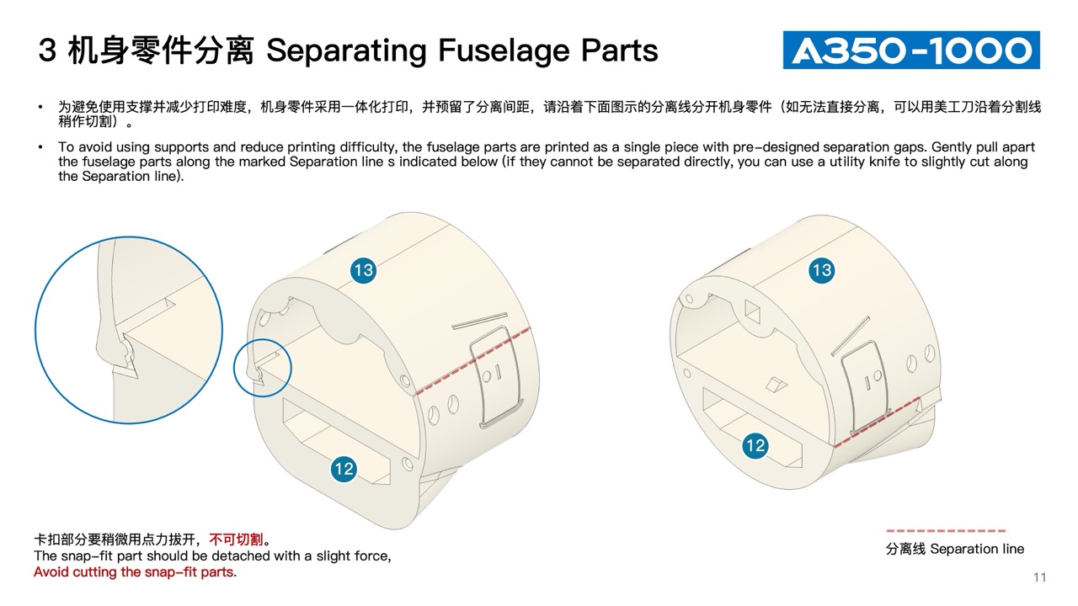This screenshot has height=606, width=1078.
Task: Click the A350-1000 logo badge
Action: tap(911, 50)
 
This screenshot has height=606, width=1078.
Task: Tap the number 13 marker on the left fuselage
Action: tap(363, 270)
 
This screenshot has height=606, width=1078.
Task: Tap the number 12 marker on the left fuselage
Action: tap(344, 469)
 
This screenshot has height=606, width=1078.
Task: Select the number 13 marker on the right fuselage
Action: tap(821, 270)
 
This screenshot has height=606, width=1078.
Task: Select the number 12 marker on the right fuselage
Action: tap(755, 445)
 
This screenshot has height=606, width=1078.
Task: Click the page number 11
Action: tap(1039, 577)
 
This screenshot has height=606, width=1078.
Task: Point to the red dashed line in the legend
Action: tap(946, 531)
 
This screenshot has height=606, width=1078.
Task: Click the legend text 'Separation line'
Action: tap(977, 549)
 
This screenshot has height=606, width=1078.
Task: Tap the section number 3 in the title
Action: tap(47, 50)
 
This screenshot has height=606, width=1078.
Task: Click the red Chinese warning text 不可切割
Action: tap(236, 540)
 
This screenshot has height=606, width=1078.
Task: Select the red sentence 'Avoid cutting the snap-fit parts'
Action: tap(134, 571)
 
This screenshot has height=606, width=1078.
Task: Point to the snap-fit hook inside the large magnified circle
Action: tap(126, 359)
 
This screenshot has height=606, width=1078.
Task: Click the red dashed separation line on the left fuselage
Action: tap(473, 361)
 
